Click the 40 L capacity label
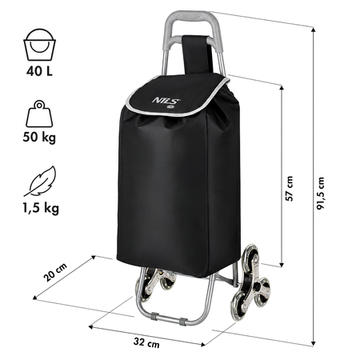pyautogui.click(x=39, y=71)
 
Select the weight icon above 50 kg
pyautogui.click(x=39, y=114)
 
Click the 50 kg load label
pyautogui.click(x=39, y=138)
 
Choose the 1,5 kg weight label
pyautogui.click(x=41, y=209)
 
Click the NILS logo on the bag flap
pyautogui.click(x=166, y=101)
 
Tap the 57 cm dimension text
pyautogui.click(x=289, y=189)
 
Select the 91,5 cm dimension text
pyautogui.click(x=321, y=193)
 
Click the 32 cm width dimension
pyautogui.click(x=146, y=342)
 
